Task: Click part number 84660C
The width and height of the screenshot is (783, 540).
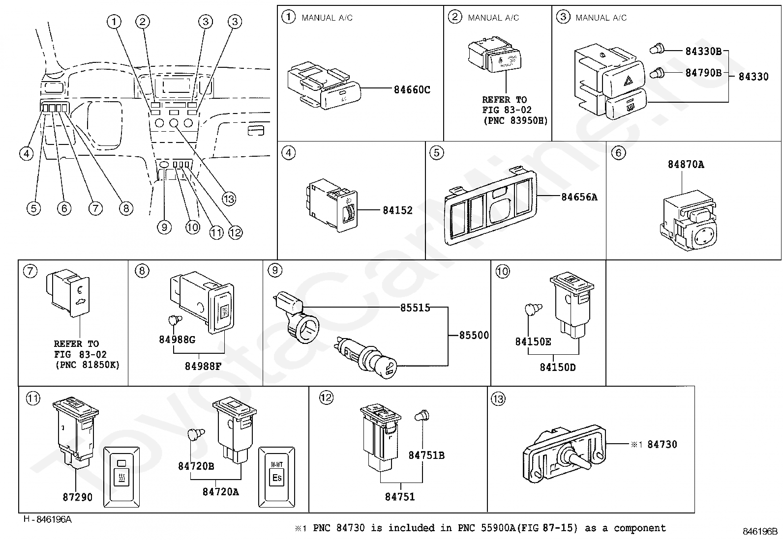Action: pyautogui.click(x=412, y=90)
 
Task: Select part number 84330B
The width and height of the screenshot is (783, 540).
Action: pyautogui.click(x=703, y=51)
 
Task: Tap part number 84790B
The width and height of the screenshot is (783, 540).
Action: pyautogui.click(x=703, y=73)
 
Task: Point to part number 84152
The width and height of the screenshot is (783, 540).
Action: pyautogui.click(x=397, y=210)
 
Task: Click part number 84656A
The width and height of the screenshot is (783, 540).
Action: pyautogui.click(x=579, y=197)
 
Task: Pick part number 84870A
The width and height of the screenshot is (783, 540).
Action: pyautogui.click(x=686, y=165)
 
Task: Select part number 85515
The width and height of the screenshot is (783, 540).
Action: pyautogui.click(x=415, y=308)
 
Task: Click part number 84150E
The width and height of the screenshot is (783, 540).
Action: pyautogui.click(x=533, y=341)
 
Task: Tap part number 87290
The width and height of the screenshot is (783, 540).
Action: pyautogui.click(x=77, y=497)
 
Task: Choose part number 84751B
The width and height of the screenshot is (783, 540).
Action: pyautogui.click(x=426, y=455)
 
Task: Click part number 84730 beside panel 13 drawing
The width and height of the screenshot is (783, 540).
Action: pyautogui.click(x=662, y=444)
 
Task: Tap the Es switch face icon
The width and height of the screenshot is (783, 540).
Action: pyautogui.click(x=277, y=477)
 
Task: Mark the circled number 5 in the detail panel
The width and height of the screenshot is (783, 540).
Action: pyautogui.click(x=436, y=153)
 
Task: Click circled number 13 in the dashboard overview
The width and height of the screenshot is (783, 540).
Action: pyautogui.click(x=229, y=199)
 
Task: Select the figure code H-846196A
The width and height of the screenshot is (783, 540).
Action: pyautogui.click(x=47, y=519)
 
